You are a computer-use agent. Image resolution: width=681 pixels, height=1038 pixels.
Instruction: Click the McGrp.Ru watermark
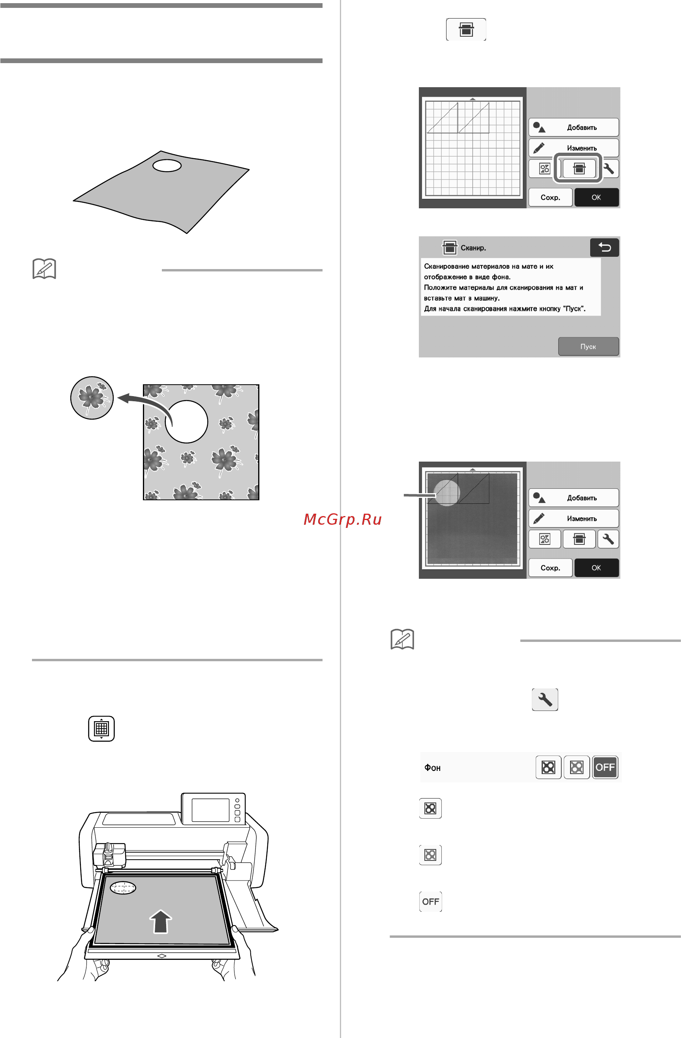[x=343, y=520]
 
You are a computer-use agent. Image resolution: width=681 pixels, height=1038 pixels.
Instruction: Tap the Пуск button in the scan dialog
[x=588, y=346]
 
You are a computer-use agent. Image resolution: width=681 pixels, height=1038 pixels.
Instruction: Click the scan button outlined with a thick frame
[x=579, y=168]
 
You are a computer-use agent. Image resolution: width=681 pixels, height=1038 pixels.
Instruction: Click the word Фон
[x=432, y=768]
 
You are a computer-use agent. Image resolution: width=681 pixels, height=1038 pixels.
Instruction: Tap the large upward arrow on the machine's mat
[x=161, y=921]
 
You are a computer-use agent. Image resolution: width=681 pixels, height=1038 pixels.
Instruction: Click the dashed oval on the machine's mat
[x=123, y=887]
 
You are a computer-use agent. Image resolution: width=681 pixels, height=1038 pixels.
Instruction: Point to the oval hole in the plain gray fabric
[x=167, y=165]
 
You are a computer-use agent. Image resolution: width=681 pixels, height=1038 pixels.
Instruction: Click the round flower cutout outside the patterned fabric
[x=92, y=398]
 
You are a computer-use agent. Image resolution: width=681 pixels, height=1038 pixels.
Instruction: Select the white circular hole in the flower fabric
[x=186, y=422]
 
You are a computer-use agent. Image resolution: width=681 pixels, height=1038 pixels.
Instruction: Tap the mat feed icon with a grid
[x=101, y=728]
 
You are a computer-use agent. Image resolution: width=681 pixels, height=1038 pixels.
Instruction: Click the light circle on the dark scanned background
[x=447, y=493]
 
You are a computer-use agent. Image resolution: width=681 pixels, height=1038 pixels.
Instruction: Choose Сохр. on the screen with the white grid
[x=550, y=197]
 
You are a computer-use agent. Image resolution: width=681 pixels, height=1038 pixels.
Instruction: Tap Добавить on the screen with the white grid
[x=574, y=127]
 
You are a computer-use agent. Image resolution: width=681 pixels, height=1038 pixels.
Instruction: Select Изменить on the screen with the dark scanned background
[x=574, y=518]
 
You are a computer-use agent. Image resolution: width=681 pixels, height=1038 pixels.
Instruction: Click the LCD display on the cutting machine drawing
[x=210, y=810]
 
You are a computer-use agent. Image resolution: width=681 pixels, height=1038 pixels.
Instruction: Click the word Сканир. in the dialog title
[x=473, y=248]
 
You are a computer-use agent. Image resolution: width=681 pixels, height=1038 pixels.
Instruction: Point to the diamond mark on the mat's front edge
[x=161, y=956]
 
